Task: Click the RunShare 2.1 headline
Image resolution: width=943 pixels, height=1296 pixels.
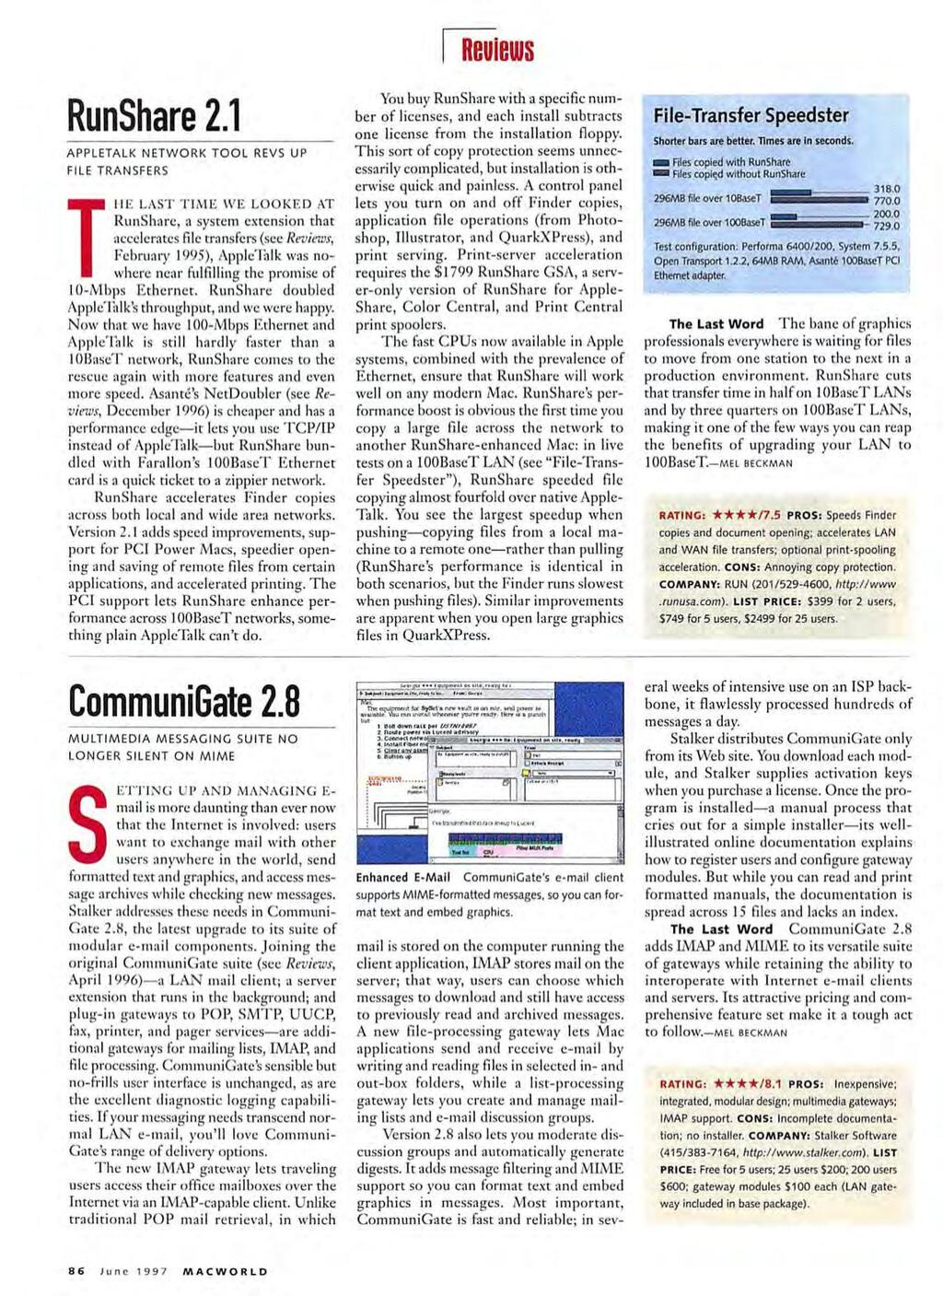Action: point(155,116)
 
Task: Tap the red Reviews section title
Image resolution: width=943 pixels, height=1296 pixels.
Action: point(497,50)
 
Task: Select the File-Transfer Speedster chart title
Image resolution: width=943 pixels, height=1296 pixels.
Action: point(751,115)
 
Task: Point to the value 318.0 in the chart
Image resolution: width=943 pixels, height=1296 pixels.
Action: point(886,189)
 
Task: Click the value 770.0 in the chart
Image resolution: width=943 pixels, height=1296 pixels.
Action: point(886,201)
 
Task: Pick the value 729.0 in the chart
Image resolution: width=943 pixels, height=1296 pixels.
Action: point(886,226)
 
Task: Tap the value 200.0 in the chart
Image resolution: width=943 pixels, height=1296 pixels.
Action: point(886,214)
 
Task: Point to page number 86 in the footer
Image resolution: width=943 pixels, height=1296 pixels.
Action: point(76,1271)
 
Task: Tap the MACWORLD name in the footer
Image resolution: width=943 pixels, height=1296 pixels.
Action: point(225,1271)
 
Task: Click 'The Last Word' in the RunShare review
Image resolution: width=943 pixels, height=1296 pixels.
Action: point(716,324)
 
